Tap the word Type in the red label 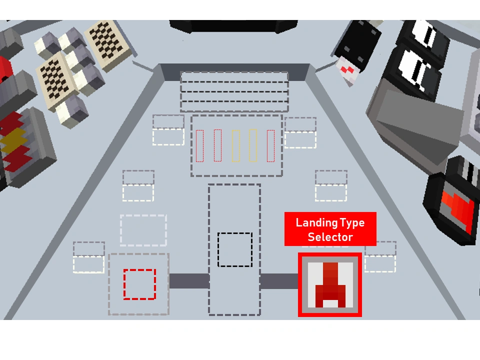point(352,222)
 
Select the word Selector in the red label point(330,237)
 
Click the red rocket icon point(330,284)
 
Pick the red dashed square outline point(140,284)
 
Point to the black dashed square point(235,249)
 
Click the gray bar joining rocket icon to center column point(279,281)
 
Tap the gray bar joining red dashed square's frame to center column point(188,281)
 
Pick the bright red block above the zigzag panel point(5,67)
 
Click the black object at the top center point(233,26)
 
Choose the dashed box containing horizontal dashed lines point(234,91)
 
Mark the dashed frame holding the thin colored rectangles point(236,145)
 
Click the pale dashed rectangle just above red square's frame point(143,230)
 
